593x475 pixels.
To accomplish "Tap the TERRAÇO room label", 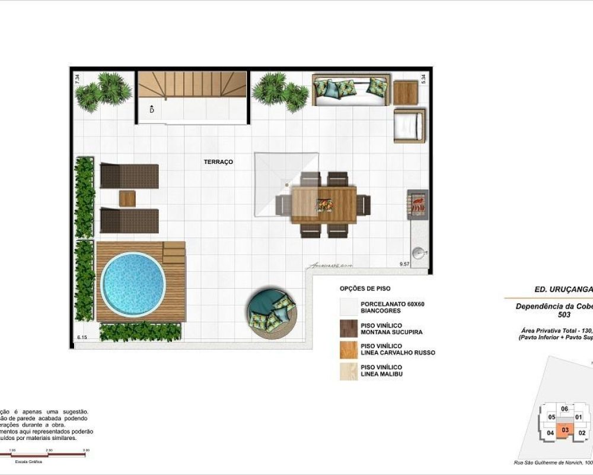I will click(218, 161).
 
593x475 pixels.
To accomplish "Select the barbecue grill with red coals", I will click(417, 204).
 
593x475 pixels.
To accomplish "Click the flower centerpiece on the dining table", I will click(324, 204).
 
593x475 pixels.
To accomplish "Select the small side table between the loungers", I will click(127, 198).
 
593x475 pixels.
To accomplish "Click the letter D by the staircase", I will click(152, 110).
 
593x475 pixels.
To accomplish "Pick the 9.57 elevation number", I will click(405, 262).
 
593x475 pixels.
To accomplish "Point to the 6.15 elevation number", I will click(82, 337).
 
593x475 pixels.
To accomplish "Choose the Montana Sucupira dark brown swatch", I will click(349, 328).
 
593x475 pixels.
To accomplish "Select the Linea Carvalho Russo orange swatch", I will click(349, 350).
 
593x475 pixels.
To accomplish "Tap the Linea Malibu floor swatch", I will click(349, 371).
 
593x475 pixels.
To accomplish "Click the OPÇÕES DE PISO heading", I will click(365, 289).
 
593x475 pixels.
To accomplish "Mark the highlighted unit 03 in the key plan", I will click(565, 430).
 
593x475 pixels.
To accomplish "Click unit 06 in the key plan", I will click(565, 408).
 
